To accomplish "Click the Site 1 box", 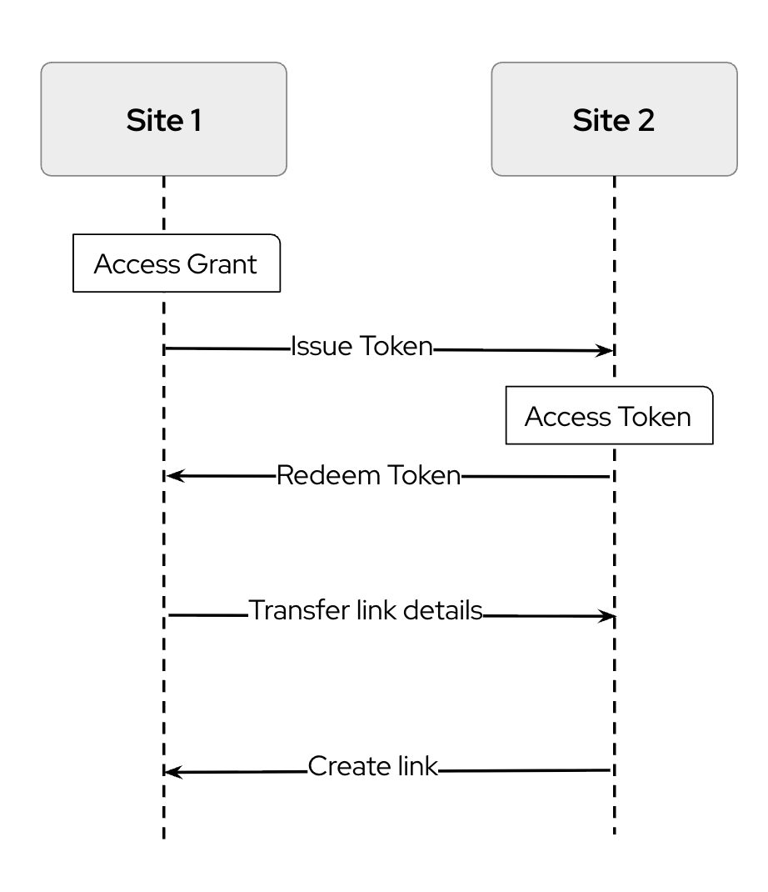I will pos(163,119).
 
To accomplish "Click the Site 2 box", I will pos(614,119).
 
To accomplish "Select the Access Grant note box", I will pos(176,264).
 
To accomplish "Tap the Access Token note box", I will pos(609,416).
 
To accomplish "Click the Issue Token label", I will pos(362,347).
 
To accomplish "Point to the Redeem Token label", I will pos(367,476).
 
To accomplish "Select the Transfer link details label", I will pos(366,611).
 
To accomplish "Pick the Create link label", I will pos(372,765).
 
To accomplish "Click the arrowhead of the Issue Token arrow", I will pos(608,351).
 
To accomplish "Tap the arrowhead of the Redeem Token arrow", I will pos(172,476).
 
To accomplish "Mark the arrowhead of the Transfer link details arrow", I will pos(608,617).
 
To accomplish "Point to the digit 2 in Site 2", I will pos(645,120).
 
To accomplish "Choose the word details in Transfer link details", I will pos(442,611).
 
